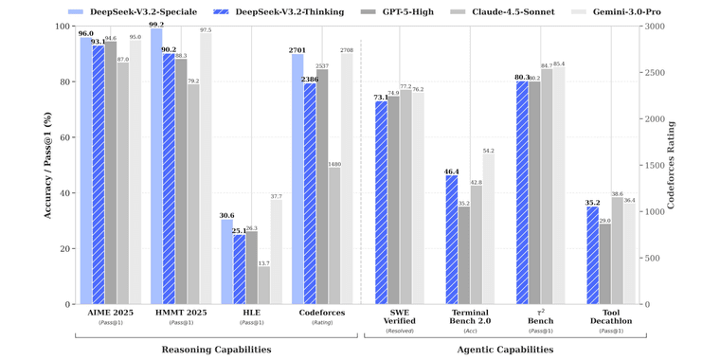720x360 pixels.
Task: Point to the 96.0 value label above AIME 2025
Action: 85,33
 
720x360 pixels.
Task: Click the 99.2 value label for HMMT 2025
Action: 155,25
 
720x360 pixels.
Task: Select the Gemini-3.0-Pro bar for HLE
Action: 276,252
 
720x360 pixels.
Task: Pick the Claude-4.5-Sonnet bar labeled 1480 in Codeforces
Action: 334,236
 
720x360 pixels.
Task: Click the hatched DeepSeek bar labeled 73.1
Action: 381,203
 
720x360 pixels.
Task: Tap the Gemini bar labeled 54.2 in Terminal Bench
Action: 488,228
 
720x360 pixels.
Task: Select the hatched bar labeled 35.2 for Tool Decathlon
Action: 592,255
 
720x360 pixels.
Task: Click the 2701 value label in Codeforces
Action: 297,49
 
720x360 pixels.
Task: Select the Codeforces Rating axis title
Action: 696,166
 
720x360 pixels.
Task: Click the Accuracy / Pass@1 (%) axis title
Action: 46,166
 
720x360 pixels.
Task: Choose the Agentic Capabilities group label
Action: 506,350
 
